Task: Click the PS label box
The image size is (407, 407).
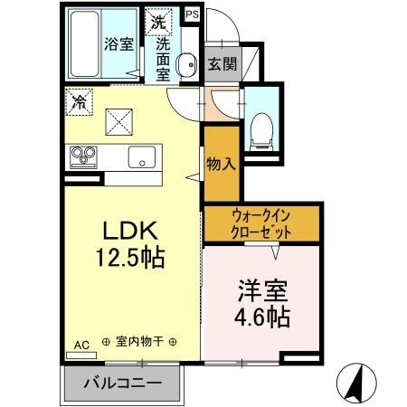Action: tap(194, 14)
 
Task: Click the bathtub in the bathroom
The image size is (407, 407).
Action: tap(83, 44)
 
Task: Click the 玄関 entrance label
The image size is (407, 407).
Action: tap(222, 64)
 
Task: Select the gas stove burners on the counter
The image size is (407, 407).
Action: tap(83, 156)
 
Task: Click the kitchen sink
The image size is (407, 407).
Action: tap(143, 156)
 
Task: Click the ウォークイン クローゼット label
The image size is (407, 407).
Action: tap(261, 223)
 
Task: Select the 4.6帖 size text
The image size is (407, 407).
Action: tap(262, 317)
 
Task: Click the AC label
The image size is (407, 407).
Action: tap(80, 345)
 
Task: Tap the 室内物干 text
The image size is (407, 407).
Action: tap(139, 342)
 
